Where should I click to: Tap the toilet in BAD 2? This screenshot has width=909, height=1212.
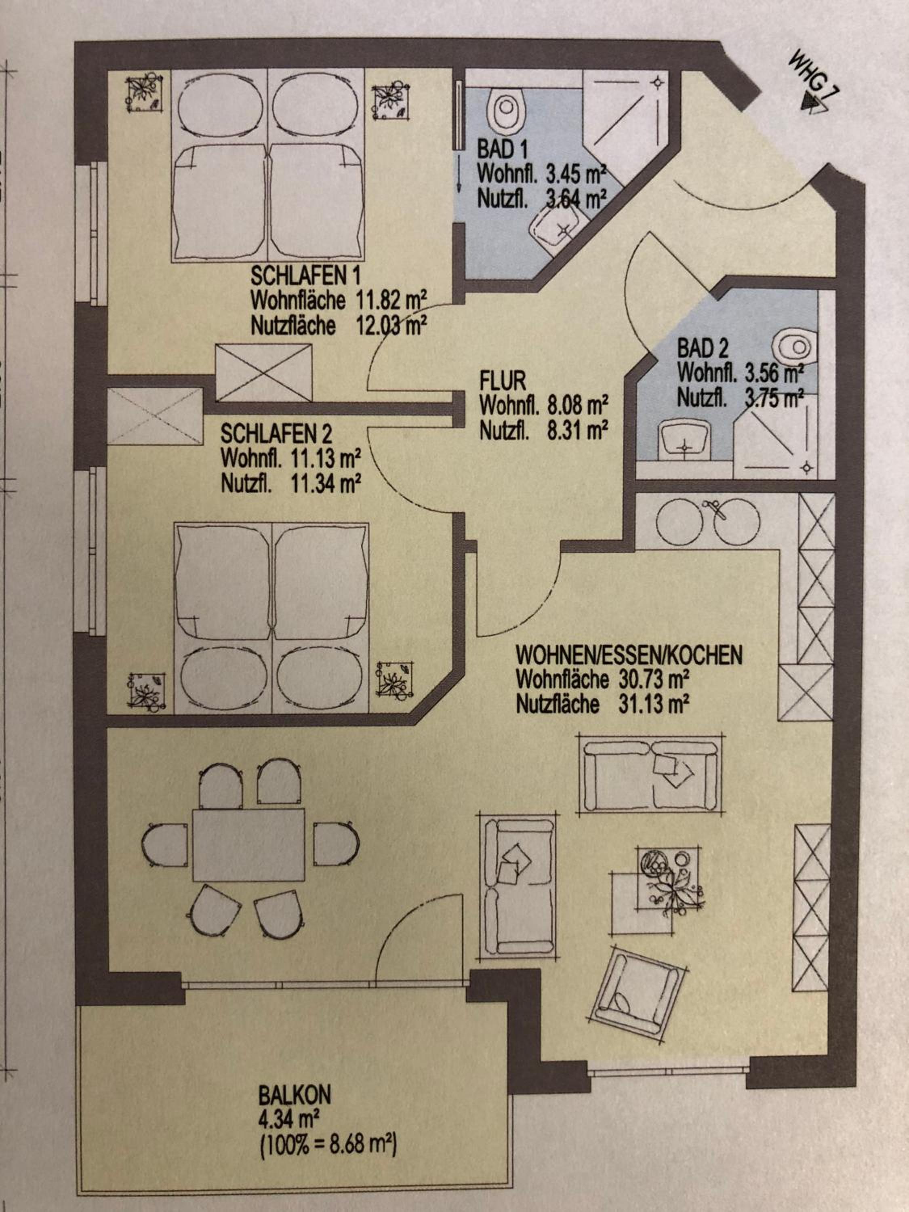pos(795,346)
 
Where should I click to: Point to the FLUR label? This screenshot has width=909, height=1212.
pos(503,380)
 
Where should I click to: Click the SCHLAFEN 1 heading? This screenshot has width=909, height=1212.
pos(306,275)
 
